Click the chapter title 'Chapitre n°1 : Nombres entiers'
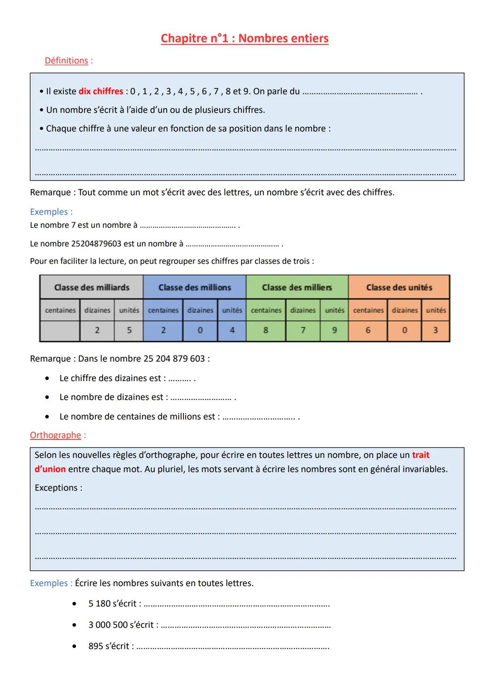(244, 38)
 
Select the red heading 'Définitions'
(66, 61)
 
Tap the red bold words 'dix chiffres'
(101, 91)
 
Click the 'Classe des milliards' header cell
(91, 287)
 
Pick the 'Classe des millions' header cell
(195, 287)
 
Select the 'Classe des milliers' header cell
(297, 287)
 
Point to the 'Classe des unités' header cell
(399, 287)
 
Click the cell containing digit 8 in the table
(266, 330)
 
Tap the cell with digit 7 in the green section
(303, 330)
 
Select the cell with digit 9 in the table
(335, 330)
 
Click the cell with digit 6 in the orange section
(368, 330)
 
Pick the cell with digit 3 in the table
(436, 330)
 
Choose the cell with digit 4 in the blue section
(232, 330)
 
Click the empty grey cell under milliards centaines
(60, 330)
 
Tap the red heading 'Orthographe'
(55, 435)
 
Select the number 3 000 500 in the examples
(108, 625)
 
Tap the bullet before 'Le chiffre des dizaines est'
(47, 378)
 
